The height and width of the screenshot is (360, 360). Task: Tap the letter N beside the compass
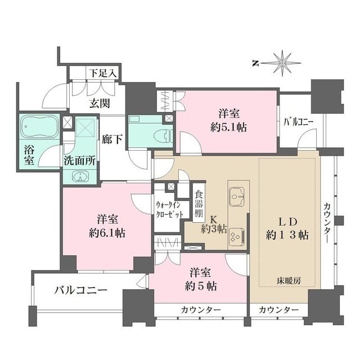tap(255, 63)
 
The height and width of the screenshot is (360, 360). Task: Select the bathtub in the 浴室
tap(39, 129)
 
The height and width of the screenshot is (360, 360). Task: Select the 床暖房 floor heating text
tap(288, 279)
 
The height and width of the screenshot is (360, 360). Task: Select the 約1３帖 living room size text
tap(288, 235)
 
